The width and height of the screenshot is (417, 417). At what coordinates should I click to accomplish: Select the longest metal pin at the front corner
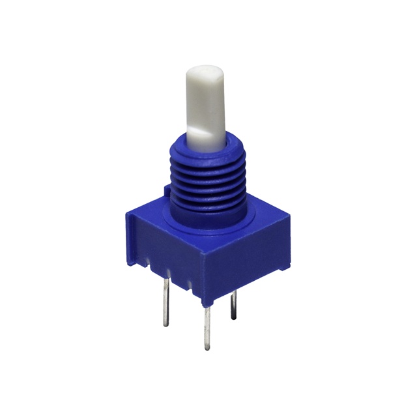coord(208,326)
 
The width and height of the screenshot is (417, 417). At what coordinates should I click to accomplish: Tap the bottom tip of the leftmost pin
coord(167,324)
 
